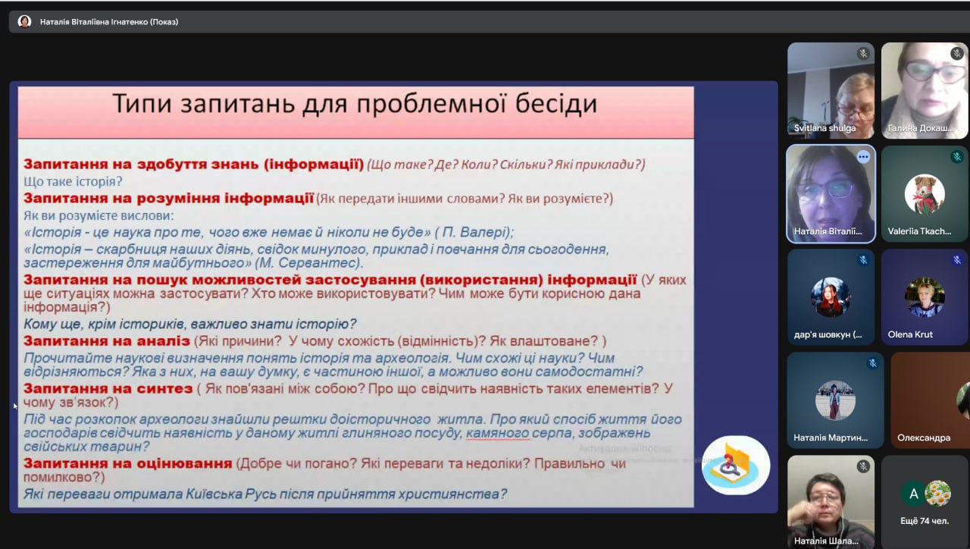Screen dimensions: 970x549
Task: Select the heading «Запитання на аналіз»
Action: click(x=107, y=341)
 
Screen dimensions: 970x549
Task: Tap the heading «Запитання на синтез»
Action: click(x=108, y=389)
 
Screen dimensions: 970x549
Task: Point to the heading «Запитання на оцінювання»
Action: click(x=128, y=463)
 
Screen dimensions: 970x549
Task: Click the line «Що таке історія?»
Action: click(x=73, y=181)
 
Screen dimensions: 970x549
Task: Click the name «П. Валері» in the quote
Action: click(x=474, y=232)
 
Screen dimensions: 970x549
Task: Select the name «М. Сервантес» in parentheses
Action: click(x=308, y=263)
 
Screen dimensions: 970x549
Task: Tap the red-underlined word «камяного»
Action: click(x=498, y=433)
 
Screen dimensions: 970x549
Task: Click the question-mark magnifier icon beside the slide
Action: click(x=735, y=466)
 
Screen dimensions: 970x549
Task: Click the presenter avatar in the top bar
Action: click(x=24, y=21)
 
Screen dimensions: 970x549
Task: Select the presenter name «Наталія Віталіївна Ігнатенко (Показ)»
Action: click(x=108, y=22)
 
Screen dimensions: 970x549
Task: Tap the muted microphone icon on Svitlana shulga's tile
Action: click(x=863, y=53)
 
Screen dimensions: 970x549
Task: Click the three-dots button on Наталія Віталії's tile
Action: click(x=863, y=157)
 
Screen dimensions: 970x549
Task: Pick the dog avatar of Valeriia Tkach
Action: click(x=924, y=193)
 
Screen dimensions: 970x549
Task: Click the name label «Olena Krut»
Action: click(x=910, y=334)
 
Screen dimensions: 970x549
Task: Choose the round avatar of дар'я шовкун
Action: click(x=831, y=296)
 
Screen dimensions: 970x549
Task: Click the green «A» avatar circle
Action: click(x=913, y=494)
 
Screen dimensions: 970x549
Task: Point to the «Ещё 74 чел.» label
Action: click(x=925, y=521)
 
